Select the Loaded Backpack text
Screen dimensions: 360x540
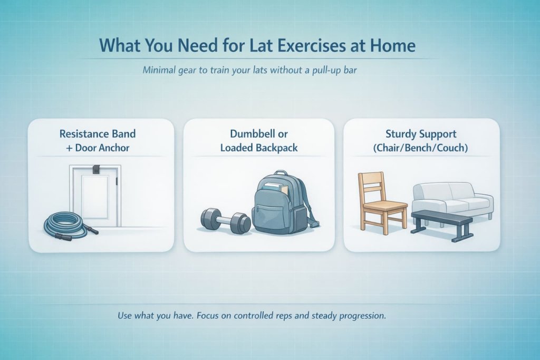tap(259, 148)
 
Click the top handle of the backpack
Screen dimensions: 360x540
tap(281, 174)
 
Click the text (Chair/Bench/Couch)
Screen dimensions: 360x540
tap(421, 148)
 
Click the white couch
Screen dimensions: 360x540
tap(454, 198)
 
